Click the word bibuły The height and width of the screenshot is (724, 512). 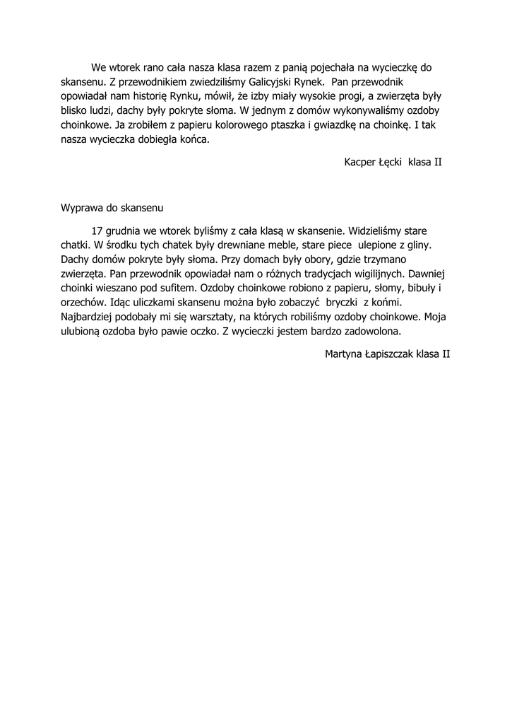(x=422, y=288)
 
